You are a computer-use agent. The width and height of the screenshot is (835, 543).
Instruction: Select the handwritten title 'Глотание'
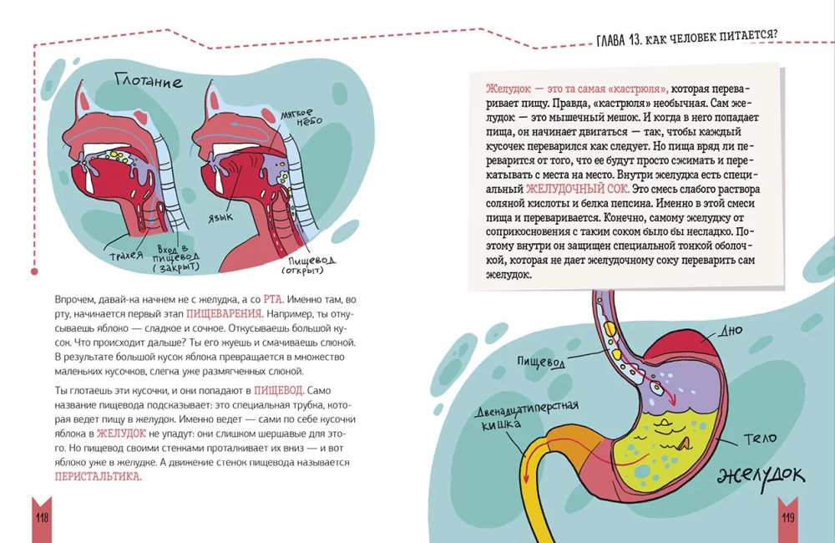coord(149,82)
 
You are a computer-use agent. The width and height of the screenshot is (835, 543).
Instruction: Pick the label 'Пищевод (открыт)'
coord(299,264)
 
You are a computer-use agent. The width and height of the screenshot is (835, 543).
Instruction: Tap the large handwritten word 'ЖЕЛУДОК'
coord(760,475)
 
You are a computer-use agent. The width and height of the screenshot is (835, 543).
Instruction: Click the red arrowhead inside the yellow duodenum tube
coord(525,478)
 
